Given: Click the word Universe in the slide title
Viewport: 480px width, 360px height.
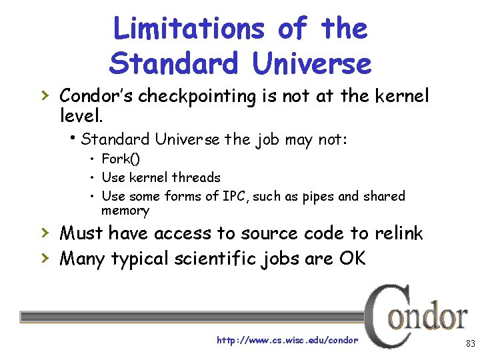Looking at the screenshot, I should pos(311,63).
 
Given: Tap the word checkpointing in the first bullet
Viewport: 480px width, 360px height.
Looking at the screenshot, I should pos(208,97).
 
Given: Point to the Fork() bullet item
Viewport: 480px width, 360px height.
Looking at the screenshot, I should pos(121,159).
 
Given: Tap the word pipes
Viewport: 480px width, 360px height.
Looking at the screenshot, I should pos(311,196).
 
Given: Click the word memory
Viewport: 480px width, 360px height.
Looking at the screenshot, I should pos(125,211).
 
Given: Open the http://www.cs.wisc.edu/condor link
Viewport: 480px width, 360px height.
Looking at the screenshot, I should pos(287,340).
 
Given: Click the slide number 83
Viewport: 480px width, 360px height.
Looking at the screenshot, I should pos(470,344).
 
